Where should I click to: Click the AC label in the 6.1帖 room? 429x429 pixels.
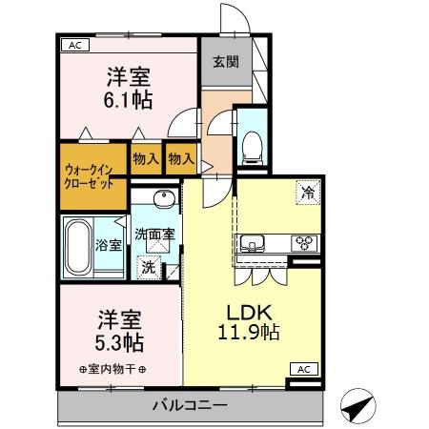[x=73, y=45]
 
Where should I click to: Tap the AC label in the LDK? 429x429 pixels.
[x=302, y=369]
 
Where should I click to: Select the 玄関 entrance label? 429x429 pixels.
[x=226, y=63]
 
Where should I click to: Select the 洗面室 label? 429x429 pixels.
[x=153, y=233]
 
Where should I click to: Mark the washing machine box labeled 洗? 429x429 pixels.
[x=149, y=268]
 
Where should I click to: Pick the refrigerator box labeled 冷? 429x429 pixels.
[x=308, y=191]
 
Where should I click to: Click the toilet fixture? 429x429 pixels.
[x=253, y=144]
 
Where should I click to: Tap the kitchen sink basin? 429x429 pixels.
[x=255, y=241]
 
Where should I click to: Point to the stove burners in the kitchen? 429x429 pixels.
[x=305, y=241]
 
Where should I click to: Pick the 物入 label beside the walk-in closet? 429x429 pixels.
[x=145, y=160]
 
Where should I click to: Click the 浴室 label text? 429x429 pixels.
[x=108, y=245]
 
